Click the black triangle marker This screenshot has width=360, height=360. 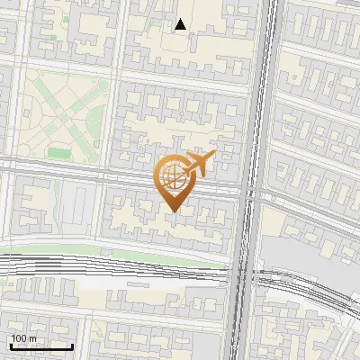point(181,24)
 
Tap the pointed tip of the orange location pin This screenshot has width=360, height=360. point(171,212)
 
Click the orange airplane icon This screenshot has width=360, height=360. point(198,165)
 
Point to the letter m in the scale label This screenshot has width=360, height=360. point(31,338)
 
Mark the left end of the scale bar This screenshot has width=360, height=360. point(11,346)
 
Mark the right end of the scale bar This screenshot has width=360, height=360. point(73,346)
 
